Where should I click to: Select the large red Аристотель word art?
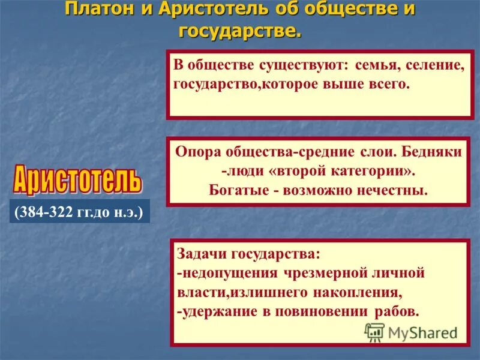(x=76, y=178)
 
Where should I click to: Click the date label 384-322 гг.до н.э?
(x=79, y=212)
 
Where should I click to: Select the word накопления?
(x=356, y=293)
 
